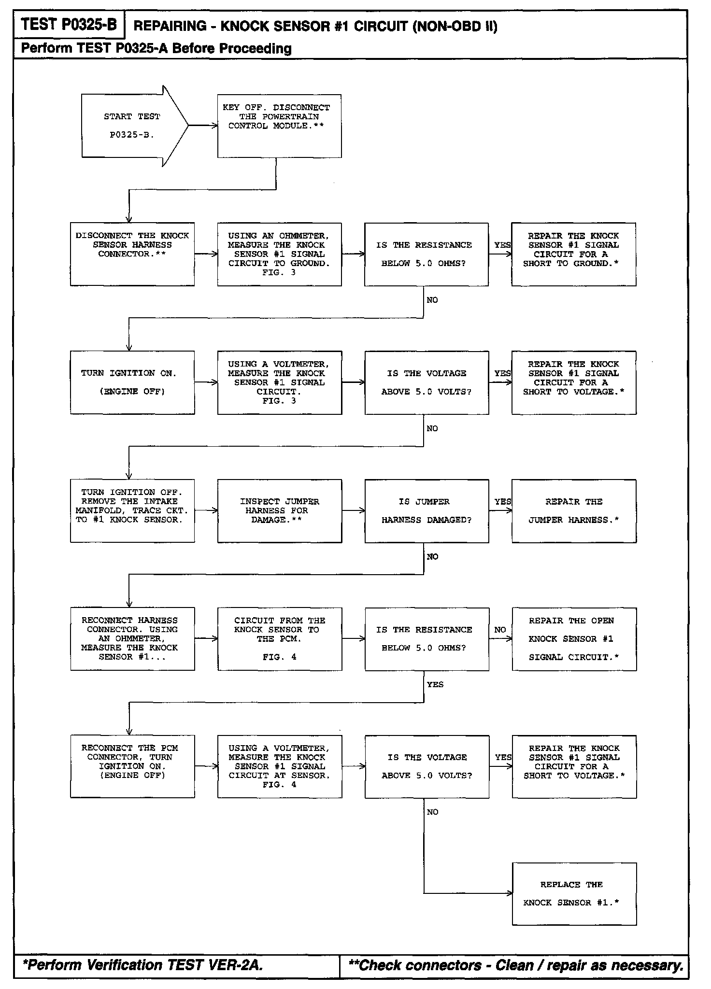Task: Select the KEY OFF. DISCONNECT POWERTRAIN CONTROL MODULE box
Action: tap(279, 126)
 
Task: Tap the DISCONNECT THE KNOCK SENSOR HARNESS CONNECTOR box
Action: tap(132, 254)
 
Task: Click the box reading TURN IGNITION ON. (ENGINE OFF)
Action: tap(132, 382)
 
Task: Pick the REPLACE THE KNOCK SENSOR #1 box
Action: tap(574, 894)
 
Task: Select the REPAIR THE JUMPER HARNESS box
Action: tap(574, 511)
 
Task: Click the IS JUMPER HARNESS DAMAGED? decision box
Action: tap(427, 511)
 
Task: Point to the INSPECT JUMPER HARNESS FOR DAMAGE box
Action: tap(280, 511)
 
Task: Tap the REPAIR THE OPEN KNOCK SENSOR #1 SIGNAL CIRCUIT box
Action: tap(574, 639)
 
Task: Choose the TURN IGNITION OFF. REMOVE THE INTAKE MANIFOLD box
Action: tap(132, 511)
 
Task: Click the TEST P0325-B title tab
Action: tap(69, 24)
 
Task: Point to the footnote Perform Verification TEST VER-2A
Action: tap(143, 965)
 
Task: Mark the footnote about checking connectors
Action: tap(516, 965)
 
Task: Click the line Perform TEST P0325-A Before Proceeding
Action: tap(156, 48)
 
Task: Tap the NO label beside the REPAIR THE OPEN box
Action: tap(500, 630)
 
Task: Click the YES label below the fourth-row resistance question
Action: tap(435, 684)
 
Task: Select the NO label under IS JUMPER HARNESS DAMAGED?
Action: tap(432, 557)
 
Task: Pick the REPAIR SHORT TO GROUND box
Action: tap(574, 254)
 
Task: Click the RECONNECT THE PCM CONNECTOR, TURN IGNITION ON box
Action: tap(132, 766)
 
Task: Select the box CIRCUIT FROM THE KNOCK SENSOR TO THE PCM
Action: tap(280, 639)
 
